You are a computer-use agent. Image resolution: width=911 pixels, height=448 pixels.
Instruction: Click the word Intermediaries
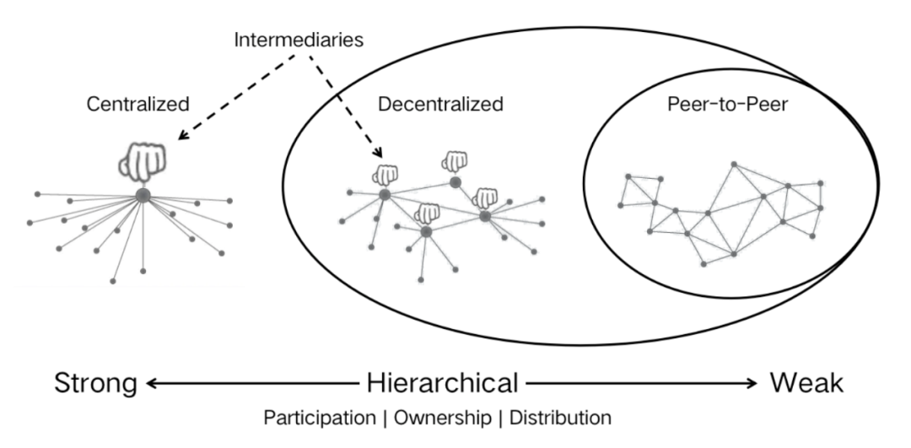[299, 40]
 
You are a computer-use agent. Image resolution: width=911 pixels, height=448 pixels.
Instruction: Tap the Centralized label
[137, 104]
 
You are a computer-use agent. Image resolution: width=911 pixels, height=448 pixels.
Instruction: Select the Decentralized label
[440, 104]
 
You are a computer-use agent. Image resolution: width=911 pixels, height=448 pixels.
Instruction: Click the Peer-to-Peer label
[727, 104]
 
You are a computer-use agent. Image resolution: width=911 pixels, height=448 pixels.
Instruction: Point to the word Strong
[96, 384]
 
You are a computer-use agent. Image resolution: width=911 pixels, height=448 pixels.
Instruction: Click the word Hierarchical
[442, 383]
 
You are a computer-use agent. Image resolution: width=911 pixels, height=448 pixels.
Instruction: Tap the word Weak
[806, 383]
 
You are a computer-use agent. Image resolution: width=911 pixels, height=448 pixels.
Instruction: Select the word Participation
[320, 418]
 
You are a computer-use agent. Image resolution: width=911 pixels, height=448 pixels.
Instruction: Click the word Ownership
[442, 418]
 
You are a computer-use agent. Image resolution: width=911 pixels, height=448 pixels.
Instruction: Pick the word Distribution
[560, 418]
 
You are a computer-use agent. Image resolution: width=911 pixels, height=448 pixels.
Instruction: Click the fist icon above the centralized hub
[143, 161]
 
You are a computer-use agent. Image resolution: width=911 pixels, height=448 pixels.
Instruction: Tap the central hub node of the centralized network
[143, 196]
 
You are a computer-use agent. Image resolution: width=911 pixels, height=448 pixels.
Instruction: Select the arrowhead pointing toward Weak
[752, 383]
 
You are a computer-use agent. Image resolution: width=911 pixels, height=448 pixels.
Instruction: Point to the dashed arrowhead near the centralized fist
[183, 134]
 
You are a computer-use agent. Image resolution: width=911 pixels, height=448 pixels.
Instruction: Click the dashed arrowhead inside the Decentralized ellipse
[378, 152]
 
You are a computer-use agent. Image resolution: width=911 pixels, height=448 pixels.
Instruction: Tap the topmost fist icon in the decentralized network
[455, 161]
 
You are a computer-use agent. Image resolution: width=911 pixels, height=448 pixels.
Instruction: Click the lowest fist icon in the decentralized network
[427, 213]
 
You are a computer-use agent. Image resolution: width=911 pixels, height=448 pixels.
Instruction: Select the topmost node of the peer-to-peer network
[734, 165]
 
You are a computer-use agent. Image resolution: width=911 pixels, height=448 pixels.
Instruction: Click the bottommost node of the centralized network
[113, 281]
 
